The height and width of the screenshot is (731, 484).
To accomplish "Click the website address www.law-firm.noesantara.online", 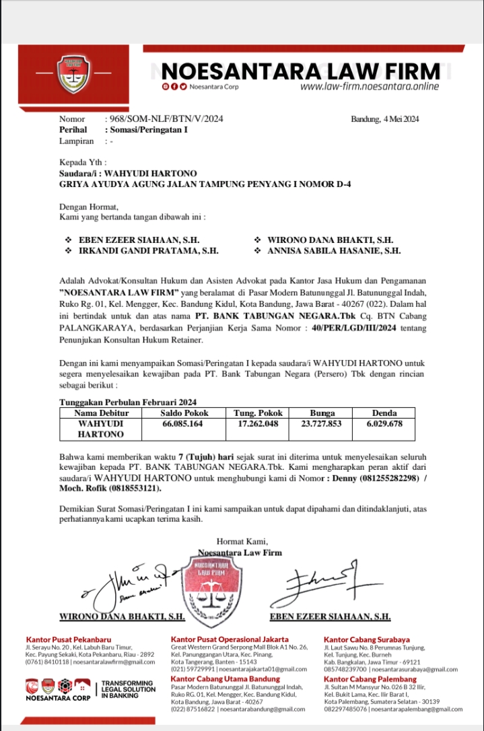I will coord(369,87).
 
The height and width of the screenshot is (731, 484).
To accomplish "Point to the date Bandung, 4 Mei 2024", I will coord(385,119).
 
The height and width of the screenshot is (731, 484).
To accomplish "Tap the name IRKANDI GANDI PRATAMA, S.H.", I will coord(149,251).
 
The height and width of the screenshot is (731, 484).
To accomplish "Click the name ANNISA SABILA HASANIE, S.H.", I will coord(334,251).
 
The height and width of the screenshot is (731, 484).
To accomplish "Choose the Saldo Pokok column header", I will coord(184,413).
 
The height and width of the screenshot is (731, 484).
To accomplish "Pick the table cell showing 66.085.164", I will coord(182,424).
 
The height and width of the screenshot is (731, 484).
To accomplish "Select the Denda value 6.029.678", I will coord(384,424).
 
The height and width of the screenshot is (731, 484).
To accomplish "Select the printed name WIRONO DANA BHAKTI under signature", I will coord(122,616).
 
